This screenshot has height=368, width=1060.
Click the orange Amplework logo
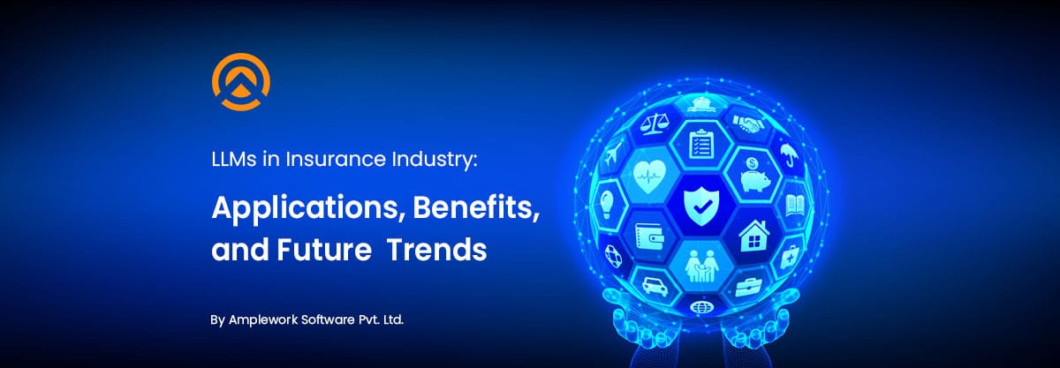[240, 85]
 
